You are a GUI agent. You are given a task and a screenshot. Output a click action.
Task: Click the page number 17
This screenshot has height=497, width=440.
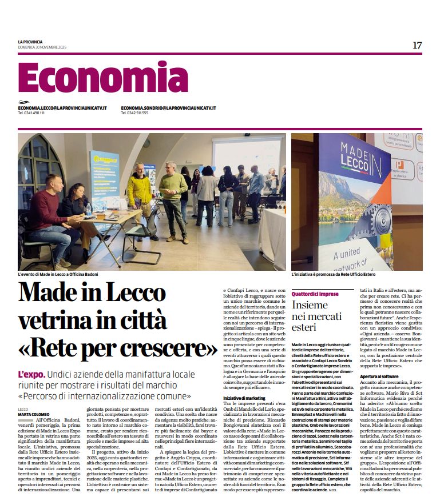(417, 45)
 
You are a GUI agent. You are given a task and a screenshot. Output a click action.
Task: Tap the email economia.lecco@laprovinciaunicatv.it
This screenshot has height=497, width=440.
(62, 108)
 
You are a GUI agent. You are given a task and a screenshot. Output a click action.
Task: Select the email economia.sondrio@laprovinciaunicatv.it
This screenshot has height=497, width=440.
(169, 108)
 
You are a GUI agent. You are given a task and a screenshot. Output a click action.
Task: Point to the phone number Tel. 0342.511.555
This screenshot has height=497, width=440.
(134, 113)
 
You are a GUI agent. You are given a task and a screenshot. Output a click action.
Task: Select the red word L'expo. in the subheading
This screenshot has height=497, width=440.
(31, 375)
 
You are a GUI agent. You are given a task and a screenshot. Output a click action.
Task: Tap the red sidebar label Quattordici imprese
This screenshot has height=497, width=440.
(315, 294)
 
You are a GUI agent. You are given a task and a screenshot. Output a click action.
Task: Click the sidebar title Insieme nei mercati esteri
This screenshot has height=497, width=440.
(313, 316)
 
